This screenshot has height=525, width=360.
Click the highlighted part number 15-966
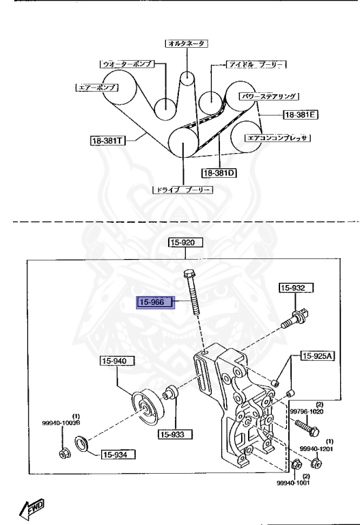pyautogui.click(x=156, y=302)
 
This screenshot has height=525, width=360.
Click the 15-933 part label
pyautogui.click(x=175, y=433)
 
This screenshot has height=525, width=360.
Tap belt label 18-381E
pyautogui.click(x=302, y=114)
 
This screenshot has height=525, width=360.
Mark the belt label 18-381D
pyautogui.click(x=218, y=173)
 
